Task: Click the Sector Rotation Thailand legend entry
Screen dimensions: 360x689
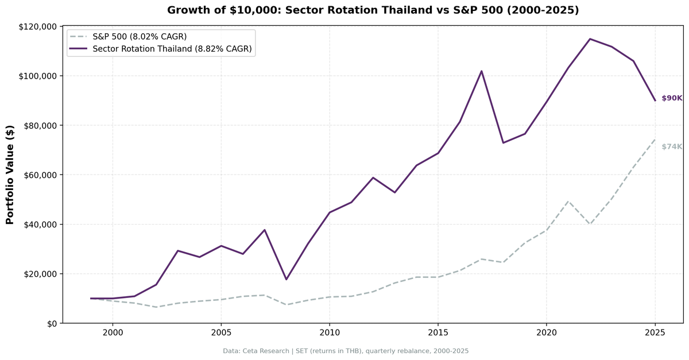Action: [x=172, y=49]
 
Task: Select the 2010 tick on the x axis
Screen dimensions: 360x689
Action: [x=329, y=332]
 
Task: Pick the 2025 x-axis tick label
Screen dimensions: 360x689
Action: [x=655, y=332]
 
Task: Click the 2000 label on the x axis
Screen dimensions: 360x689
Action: [x=113, y=332]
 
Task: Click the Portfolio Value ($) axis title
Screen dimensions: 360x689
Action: [x=10, y=175]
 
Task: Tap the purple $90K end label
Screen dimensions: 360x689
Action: [x=672, y=98]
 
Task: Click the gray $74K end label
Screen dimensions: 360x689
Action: [x=672, y=146]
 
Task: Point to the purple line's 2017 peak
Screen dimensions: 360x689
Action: [x=481, y=71]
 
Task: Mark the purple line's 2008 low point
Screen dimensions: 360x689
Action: [x=286, y=279]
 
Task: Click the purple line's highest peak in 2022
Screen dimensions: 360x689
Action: [x=590, y=39]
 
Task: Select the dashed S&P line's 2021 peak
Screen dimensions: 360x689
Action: [x=568, y=202]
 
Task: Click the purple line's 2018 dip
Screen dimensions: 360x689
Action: [x=503, y=142]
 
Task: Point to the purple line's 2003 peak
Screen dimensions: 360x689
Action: [x=177, y=250]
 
